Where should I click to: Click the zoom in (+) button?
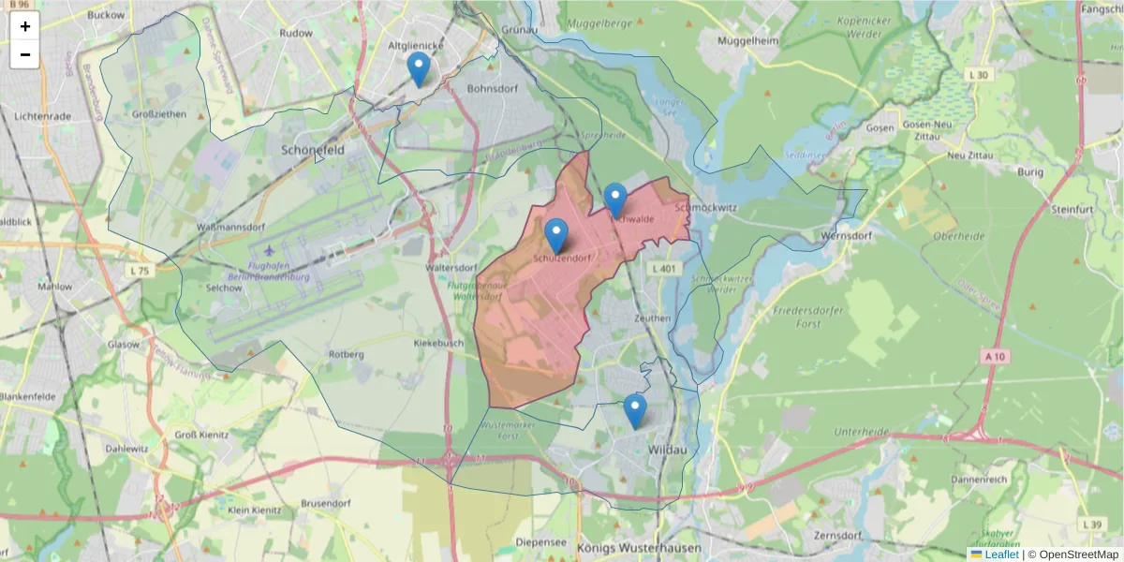pyautogui.click(x=25, y=26)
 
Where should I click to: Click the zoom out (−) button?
pyautogui.click(x=25, y=54)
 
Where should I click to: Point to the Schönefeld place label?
pyautogui.click(x=314, y=149)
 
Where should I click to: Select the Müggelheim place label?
pyautogui.click(x=747, y=41)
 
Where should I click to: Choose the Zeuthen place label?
pyautogui.click(x=652, y=318)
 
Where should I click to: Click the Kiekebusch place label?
pyautogui.click(x=438, y=344)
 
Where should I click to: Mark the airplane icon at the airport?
pyautogui.click(x=271, y=251)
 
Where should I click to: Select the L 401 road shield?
pyautogui.click(x=663, y=269)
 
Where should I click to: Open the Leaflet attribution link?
pyautogui.click(x=1001, y=555)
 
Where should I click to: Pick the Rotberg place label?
pyautogui.click(x=346, y=354)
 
